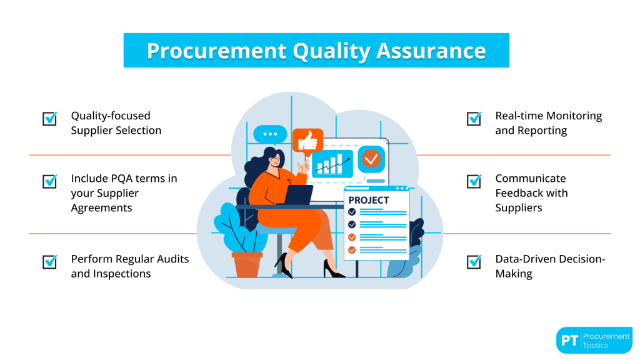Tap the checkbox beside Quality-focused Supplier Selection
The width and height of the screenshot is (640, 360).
coord(50,118)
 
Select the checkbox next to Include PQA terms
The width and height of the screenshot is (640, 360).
coord(50,181)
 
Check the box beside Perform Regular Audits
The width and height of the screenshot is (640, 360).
coord(50,261)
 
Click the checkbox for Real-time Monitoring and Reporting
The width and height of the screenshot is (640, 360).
coord(474,118)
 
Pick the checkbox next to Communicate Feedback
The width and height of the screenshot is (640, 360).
coord(474,181)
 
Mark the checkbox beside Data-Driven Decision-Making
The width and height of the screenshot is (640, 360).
coord(474,261)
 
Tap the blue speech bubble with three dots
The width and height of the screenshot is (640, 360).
coord(270,134)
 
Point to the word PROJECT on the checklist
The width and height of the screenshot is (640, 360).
coord(369,200)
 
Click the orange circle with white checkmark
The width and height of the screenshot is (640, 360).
coord(371,159)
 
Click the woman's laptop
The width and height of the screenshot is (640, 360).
coord(298,194)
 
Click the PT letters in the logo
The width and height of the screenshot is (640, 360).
coord(568,341)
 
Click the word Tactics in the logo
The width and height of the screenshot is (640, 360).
coord(597,345)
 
